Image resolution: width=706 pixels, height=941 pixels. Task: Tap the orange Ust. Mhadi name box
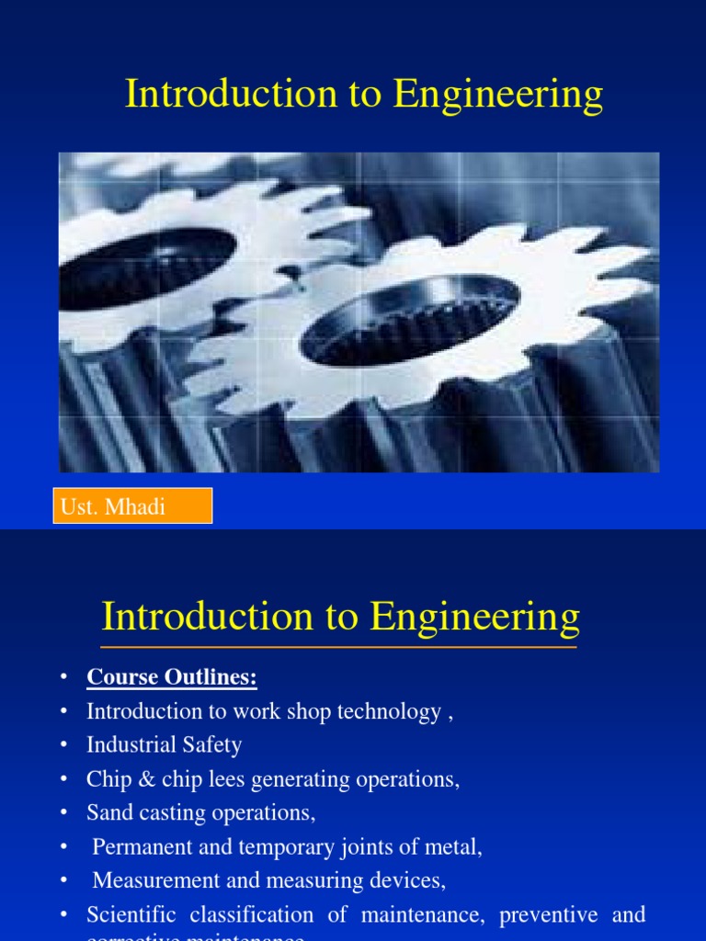(133, 506)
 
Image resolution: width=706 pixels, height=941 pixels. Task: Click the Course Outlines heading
(172, 678)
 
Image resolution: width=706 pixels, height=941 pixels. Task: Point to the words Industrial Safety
(164, 745)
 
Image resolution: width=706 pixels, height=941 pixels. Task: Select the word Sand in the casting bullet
(108, 813)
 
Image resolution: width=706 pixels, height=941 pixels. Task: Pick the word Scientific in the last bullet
(131, 915)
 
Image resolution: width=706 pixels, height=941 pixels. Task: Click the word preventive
(545, 915)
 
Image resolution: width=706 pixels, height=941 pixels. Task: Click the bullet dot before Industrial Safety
(63, 745)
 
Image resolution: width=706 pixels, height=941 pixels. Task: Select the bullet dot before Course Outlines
(63, 678)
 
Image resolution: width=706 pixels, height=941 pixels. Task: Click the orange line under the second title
(339, 648)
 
